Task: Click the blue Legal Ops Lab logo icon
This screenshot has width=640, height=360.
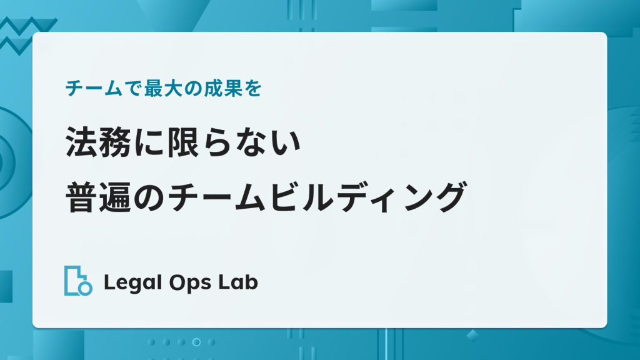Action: [x=78, y=281]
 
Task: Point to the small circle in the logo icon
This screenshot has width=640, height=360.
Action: [x=85, y=288]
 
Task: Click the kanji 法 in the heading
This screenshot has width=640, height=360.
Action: [x=82, y=142]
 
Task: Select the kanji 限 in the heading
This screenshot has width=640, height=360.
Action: [x=183, y=142]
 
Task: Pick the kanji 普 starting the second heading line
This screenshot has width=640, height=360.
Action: [x=82, y=197]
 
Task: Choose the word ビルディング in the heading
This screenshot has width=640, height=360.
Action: [x=367, y=197]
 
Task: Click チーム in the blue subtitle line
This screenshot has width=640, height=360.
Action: [x=94, y=89]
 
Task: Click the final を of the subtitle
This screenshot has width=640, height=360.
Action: [x=254, y=89]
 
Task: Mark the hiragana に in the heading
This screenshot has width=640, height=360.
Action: [x=149, y=142]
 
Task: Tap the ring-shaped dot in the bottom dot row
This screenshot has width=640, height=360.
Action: [x=196, y=342]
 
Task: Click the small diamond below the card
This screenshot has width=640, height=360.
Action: [x=472, y=336]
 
